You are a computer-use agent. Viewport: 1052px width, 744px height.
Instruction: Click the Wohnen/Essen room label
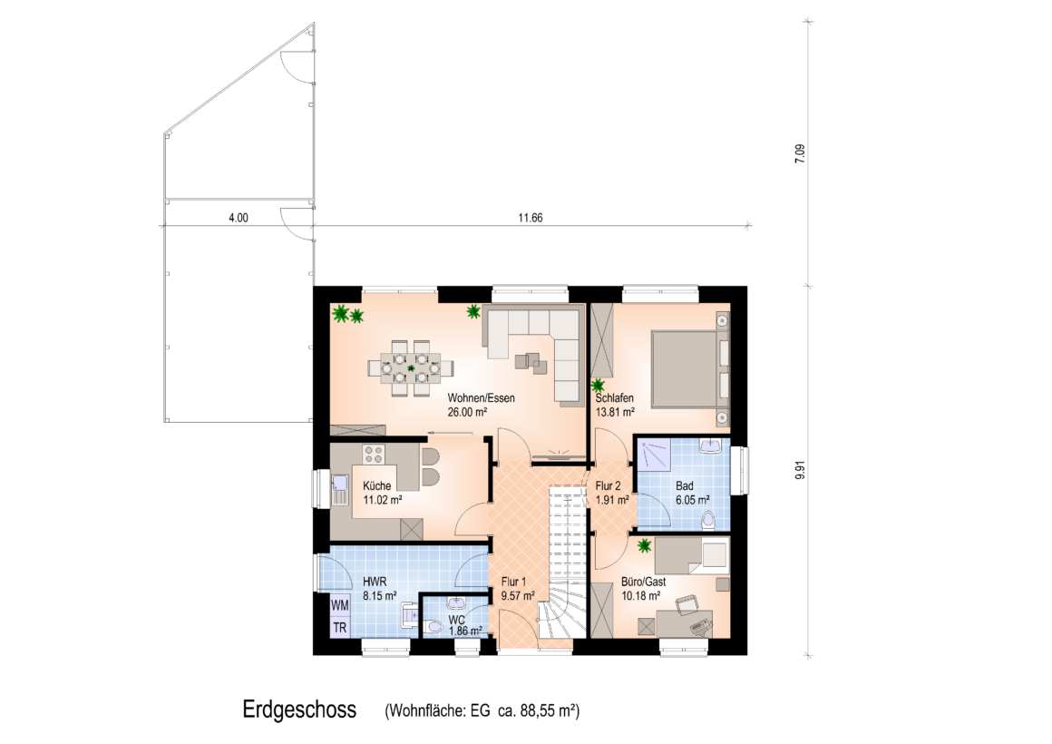point(481,398)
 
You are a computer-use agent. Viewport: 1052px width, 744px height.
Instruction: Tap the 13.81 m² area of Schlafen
point(615,412)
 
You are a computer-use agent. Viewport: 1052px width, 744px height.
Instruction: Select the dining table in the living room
point(410,368)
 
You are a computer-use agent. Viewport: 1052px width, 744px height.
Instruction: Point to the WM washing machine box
point(339,605)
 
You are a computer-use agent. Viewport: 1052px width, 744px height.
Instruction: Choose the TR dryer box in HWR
point(339,628)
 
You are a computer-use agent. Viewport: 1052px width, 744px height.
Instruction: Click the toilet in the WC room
point(434,627)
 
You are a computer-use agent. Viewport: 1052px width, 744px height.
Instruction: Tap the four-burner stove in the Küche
point(374,455)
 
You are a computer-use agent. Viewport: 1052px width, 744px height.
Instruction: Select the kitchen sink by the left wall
point(339,490)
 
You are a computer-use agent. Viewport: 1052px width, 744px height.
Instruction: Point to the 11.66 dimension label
point(530,219)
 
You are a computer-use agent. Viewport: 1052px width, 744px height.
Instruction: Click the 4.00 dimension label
point(239,219)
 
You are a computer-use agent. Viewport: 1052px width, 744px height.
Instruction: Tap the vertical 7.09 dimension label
point(799,153)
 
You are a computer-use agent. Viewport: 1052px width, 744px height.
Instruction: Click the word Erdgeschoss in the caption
point(299,710)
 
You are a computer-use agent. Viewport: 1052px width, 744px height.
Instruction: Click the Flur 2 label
point(608,486)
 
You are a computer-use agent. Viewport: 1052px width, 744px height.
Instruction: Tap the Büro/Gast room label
point(643,582)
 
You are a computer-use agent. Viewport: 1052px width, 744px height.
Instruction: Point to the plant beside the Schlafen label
point(597,387)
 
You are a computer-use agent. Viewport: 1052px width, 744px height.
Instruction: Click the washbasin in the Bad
point(710,445)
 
